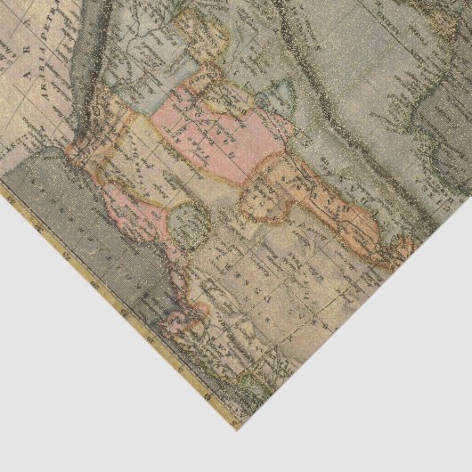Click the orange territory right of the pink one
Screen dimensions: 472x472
(294, 191)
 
